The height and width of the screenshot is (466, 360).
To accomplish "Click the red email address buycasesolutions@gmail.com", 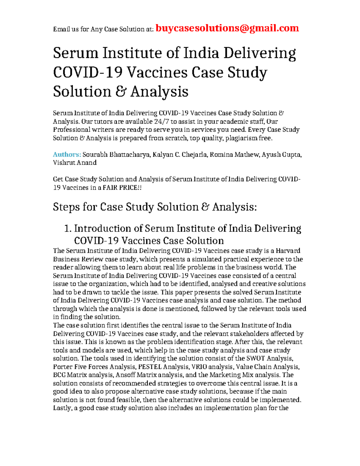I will click(x=227, y=28).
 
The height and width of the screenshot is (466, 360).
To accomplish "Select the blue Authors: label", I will click(x=67, y=155).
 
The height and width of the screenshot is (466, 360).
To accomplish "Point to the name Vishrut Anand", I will click(x=75, y=163).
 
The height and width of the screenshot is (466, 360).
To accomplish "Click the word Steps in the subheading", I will click(x=66, y=207).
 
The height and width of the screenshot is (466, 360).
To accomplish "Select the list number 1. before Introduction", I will click(x=68, y=229).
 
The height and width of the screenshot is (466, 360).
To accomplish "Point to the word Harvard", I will click(x=288, y=251).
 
